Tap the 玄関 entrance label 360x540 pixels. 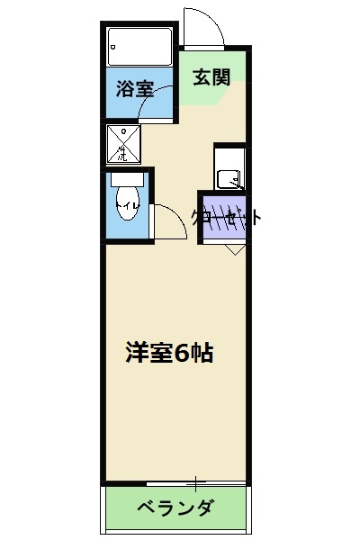point(211,76)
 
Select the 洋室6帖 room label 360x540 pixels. point(168,353)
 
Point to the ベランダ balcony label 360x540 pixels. point(175,508)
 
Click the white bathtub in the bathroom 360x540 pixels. point(139,46)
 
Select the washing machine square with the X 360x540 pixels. point(123,143)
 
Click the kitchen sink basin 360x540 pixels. point(232,178)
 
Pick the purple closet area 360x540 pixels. point(220,219)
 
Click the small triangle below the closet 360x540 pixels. point(232,249)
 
